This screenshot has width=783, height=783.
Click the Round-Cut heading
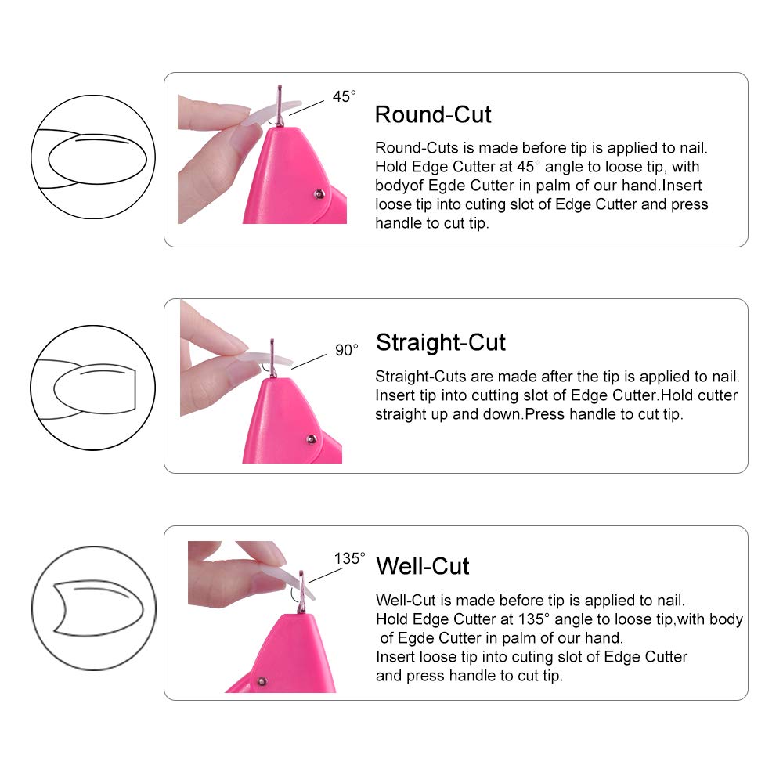(433, 114)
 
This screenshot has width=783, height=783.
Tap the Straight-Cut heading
(441, 342)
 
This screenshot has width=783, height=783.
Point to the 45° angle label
(344, 96)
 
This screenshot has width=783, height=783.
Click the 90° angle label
(346, 350)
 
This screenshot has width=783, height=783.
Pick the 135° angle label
(350, 558)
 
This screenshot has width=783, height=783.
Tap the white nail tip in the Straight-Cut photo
(258, 361)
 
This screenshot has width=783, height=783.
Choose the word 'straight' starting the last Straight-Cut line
(400, 414)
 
